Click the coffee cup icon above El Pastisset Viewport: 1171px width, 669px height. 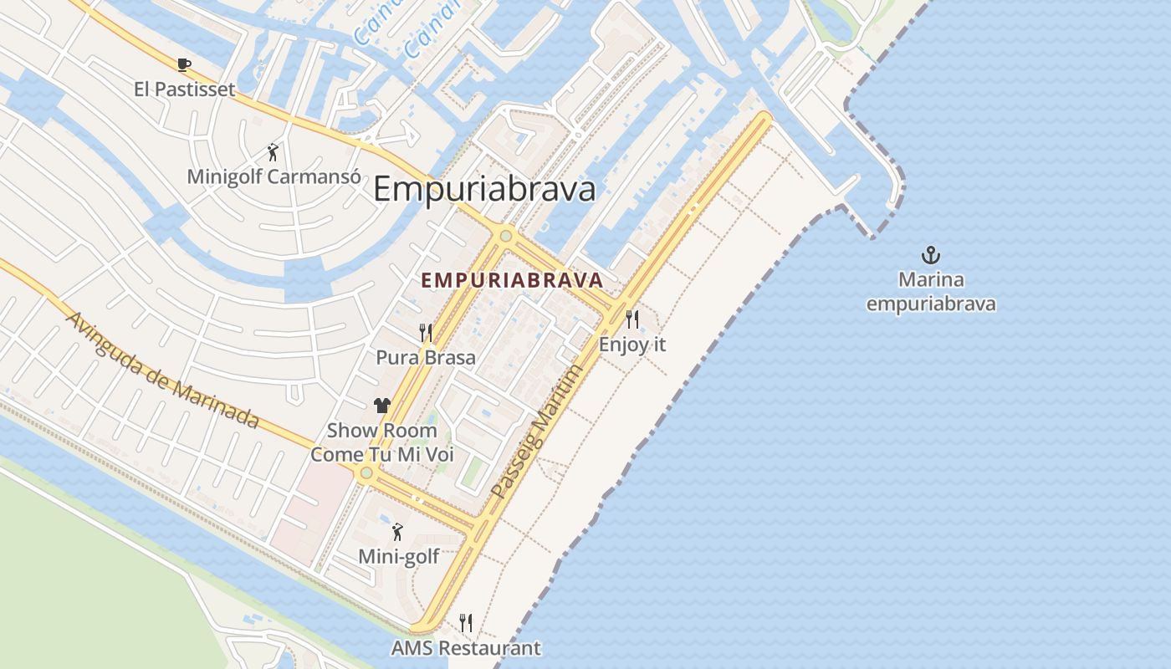(184, 64)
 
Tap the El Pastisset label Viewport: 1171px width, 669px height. (184, 89)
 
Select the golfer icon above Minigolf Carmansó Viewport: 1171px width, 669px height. (273, 152)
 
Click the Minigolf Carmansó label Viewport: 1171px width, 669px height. (274, 176)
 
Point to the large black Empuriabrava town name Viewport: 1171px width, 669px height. (484, 189)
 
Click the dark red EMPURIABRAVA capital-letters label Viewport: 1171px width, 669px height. (513, 280)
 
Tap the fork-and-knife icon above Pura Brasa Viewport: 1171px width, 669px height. (426, 333)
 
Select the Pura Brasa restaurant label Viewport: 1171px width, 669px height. (426, 357)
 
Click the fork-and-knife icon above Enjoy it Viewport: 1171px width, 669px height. (632, 319)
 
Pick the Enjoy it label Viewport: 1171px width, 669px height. (632, 344)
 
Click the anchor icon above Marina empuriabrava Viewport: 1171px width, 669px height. (931, 254)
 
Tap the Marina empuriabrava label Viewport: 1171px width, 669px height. (931, 291)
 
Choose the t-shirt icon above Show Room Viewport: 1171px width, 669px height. (382, 406)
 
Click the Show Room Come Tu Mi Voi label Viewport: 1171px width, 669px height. (382, 442)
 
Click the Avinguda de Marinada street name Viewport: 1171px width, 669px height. (161, 370)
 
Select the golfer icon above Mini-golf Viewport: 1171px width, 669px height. (398, 532)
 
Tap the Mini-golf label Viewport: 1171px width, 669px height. (398, 556)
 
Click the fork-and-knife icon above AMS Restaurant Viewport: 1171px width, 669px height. (466, 623)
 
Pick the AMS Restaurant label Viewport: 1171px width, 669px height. (466, 648)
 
